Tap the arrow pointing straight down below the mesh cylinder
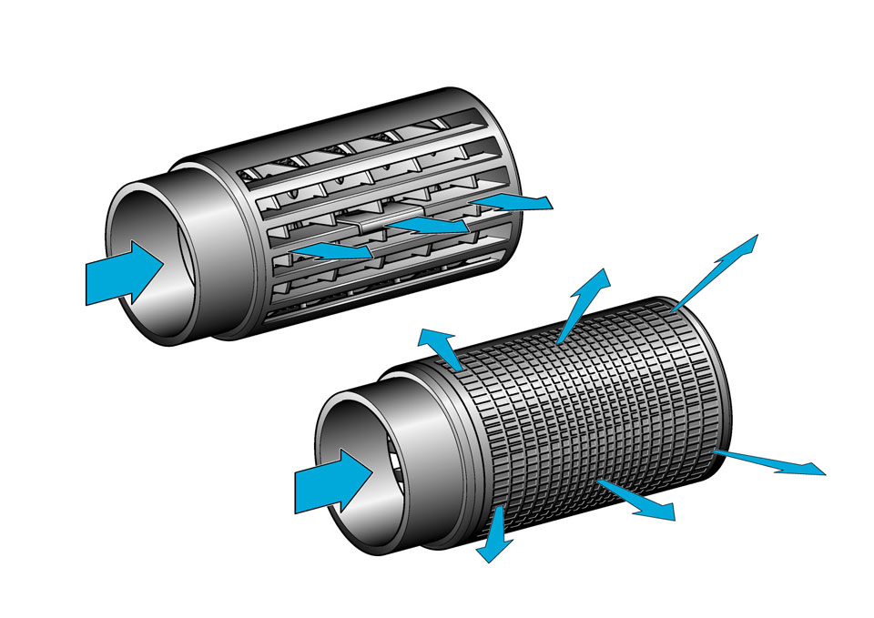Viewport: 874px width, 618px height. (494, 536)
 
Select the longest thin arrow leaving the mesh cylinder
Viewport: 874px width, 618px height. (715, 273)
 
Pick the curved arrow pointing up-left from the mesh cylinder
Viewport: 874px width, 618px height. (440, 347)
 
